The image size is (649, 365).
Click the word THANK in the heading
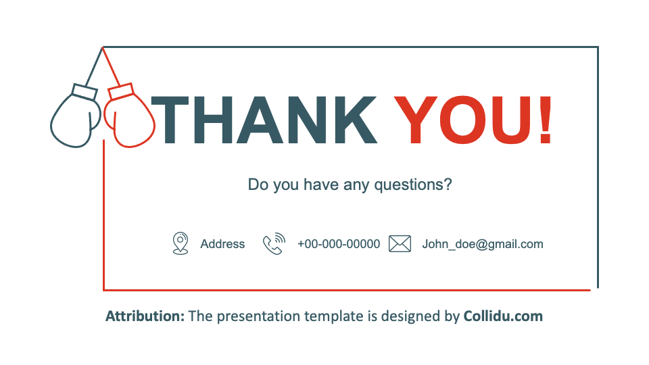264,120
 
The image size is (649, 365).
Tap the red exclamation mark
546,120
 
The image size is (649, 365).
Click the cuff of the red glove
120,91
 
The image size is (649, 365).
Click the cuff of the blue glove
85,91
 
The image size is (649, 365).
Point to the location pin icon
181,243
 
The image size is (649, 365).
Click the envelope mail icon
400,244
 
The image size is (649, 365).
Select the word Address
222,244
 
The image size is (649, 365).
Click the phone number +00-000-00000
339,244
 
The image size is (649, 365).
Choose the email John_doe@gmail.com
483,244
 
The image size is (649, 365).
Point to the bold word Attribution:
145,316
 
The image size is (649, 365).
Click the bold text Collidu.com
503,316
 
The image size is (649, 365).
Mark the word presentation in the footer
258,316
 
